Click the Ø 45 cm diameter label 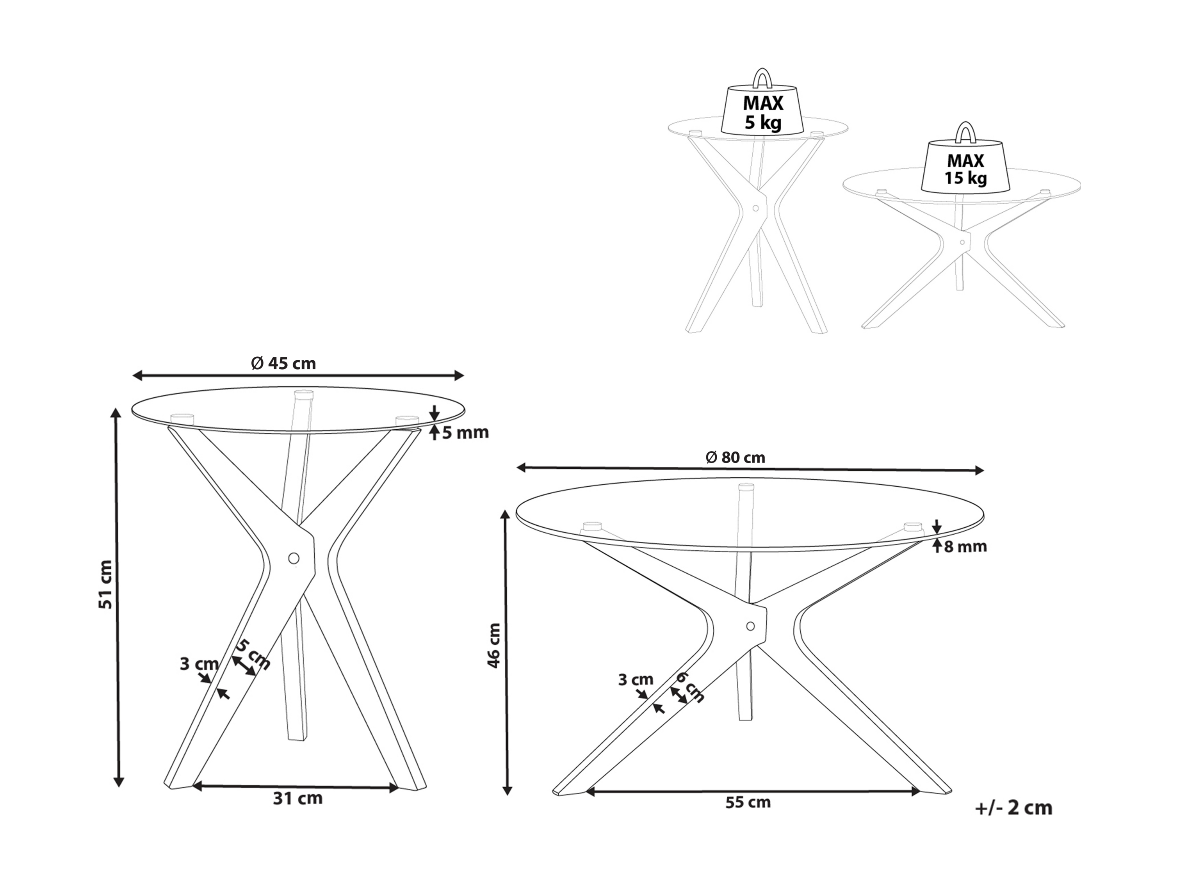[x=283, y=363]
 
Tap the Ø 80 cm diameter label [x=735, y=457]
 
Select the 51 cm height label [x=106, y=585]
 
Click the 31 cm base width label [x=297, y=813]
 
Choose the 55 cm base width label [x=748, y=817]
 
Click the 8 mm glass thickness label [x=965, y=546]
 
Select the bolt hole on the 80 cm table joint [x=750, y=626]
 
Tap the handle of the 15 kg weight [x=965, y=130]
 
